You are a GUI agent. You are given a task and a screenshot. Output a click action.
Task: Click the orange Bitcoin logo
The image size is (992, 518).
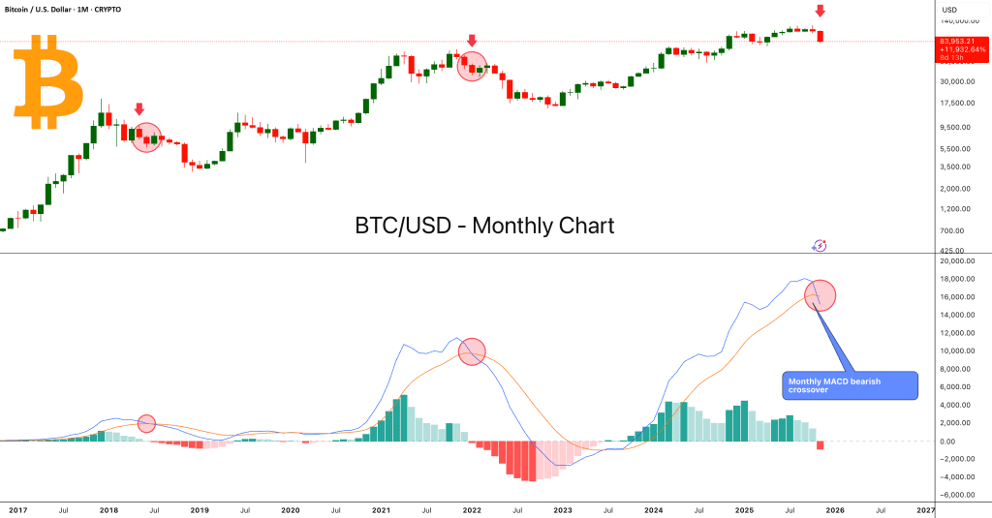47,82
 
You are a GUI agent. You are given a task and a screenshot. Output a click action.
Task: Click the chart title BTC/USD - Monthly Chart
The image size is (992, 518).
484,226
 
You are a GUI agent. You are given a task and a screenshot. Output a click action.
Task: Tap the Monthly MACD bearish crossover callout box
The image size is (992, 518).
849,385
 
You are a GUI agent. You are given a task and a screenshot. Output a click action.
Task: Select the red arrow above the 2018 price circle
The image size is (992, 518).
139,109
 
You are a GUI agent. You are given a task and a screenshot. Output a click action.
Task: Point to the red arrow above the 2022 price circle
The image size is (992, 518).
472,41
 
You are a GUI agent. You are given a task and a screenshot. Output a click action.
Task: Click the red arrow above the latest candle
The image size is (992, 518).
821,11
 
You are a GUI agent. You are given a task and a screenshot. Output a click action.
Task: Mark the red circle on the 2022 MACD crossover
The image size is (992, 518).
472,351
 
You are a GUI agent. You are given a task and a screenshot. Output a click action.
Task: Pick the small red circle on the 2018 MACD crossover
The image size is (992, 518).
146,423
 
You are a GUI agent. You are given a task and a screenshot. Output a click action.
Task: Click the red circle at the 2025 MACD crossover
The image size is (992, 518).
820,295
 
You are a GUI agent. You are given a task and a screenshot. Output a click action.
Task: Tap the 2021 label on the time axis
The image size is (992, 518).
381,508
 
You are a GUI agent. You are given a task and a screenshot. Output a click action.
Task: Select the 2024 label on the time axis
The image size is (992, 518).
653,508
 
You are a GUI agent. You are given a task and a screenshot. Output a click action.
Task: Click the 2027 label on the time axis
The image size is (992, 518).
925,508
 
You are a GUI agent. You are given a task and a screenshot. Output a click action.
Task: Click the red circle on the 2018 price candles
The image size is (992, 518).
146,137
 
